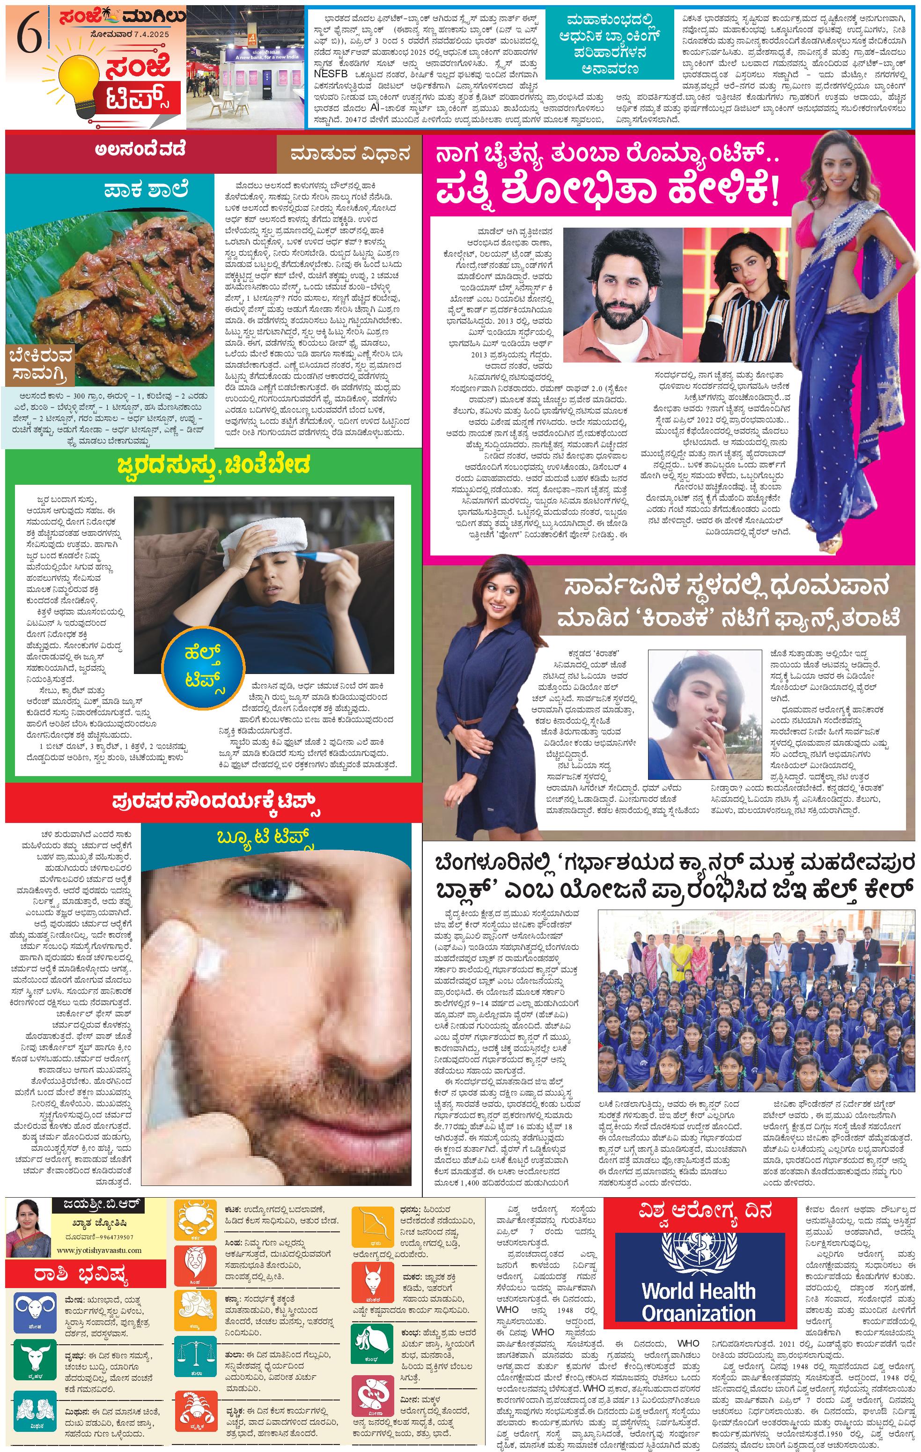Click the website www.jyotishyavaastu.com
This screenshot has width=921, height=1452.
(99, 1250)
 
